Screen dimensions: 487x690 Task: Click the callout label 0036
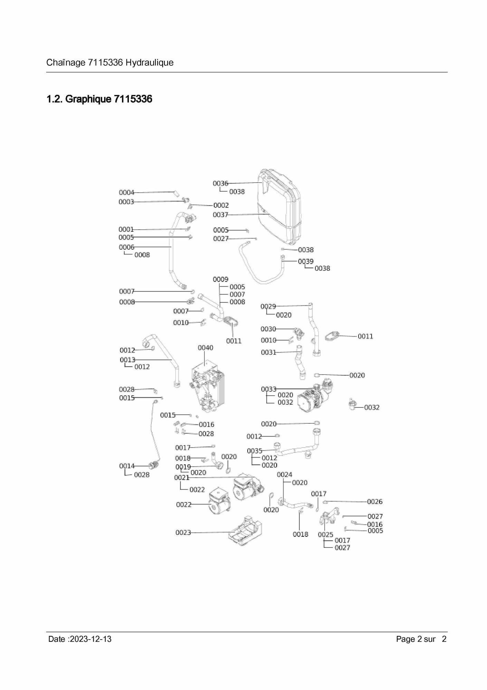220,183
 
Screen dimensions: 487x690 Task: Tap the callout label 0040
206,348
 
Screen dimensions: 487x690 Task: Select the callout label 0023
183,533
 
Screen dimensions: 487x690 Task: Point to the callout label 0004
126,192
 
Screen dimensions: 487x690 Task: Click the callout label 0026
375,502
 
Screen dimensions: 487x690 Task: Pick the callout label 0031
268,352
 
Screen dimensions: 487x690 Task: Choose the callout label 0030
268,329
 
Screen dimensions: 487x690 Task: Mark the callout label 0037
220,215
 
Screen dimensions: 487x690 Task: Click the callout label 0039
306,261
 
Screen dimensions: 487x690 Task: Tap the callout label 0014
127,466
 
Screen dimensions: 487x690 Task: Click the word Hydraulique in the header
150,63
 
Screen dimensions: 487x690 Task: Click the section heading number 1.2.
54,99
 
